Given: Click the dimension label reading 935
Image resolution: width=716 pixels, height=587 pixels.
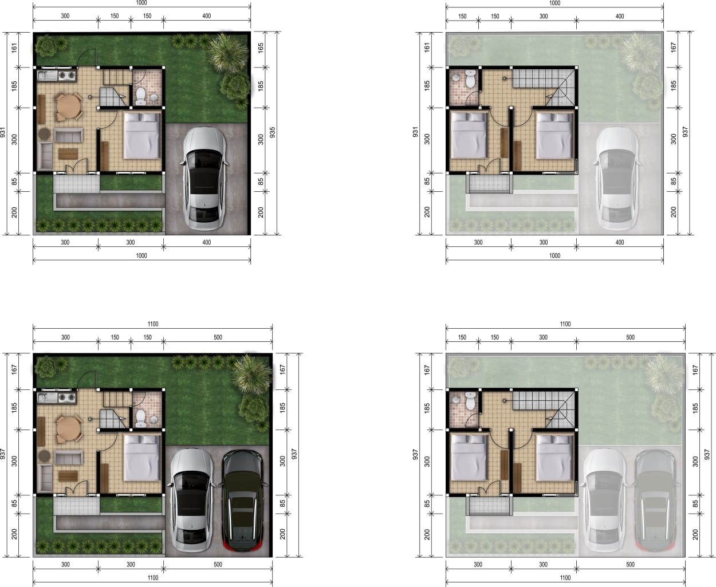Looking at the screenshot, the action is point(272,132).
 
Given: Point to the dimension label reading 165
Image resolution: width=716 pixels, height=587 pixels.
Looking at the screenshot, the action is point(261,48).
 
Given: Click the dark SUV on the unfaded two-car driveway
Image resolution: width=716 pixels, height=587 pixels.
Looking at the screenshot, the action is point(242,500).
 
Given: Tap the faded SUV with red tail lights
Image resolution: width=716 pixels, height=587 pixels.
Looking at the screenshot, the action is point(655,500).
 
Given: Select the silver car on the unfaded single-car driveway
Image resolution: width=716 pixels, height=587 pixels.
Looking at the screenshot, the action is point(204,179).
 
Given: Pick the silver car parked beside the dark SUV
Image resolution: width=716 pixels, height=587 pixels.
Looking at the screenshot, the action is point(192,501).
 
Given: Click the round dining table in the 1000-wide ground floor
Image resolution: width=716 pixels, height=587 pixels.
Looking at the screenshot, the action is point(69,107).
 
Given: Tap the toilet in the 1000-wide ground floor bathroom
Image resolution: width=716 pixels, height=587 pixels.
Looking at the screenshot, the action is point(140,97).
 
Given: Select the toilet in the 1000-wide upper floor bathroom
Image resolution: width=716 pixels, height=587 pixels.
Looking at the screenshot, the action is point(470,79).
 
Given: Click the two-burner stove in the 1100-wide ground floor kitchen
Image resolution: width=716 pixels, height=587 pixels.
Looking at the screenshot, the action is point(67,397).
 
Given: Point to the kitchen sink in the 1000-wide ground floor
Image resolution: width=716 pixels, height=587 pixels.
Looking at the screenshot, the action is point(47,76).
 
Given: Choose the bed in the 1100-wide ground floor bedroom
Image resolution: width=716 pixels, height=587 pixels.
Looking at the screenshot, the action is point(142,458).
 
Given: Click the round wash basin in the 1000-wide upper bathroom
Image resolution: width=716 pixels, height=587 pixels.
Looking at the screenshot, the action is point(455,78).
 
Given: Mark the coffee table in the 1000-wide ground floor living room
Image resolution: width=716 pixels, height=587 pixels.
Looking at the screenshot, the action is point(68,153).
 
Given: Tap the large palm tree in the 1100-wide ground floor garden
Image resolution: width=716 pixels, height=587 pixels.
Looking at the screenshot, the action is point(252,374).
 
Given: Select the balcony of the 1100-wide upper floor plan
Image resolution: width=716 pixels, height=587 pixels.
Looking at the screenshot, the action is point(489,506).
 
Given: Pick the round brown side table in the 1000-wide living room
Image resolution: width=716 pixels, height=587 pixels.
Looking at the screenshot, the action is point(44,133).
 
